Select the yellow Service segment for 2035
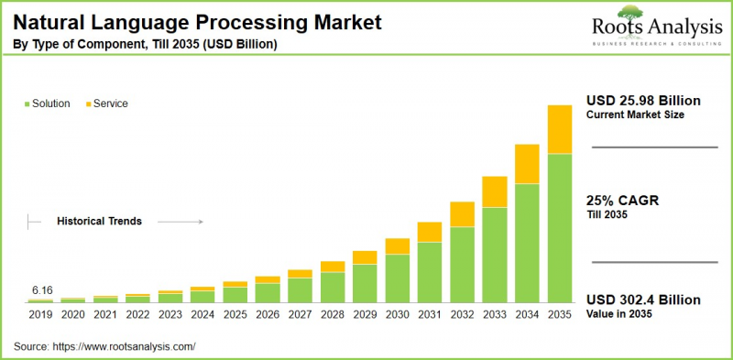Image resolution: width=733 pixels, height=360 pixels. tap(561, 129)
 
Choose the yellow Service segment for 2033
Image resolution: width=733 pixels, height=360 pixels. tap(495, 191)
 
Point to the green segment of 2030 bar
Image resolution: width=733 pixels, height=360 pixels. tap(397, 278)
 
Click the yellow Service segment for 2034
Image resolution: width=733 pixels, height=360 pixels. tap(528, 164)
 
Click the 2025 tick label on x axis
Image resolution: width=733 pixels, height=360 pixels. tap(235, 314)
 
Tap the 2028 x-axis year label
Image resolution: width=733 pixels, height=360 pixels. tap(333, 314)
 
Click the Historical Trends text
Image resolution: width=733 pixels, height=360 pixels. tap(99, 221)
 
